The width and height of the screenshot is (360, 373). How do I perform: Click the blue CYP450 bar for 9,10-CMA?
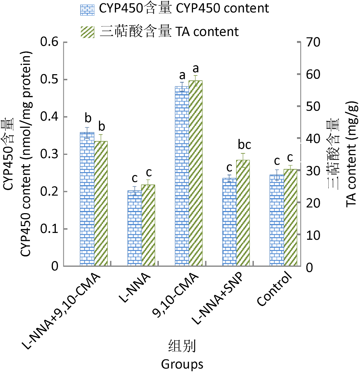182,176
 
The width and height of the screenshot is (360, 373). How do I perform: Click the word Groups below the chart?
182,364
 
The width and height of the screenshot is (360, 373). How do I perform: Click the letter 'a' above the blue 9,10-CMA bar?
182,76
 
